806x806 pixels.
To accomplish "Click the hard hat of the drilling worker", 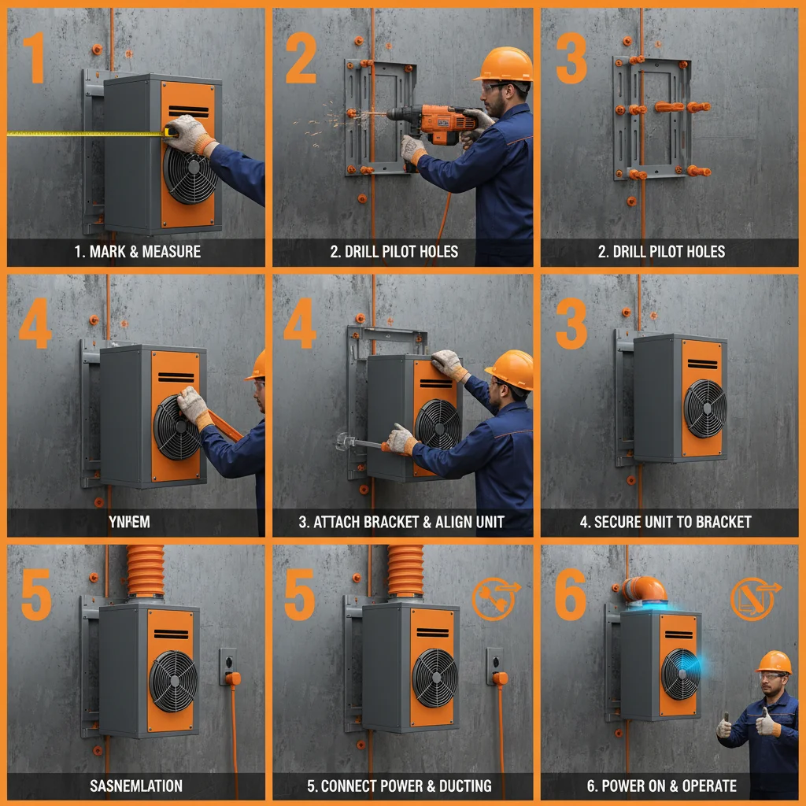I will [x=504, y=64].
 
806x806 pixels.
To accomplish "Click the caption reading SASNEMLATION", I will [x=135, y=786].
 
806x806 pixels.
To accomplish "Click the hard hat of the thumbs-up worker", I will [x=774, y=661].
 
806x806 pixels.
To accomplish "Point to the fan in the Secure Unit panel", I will [x=704, y=408].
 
